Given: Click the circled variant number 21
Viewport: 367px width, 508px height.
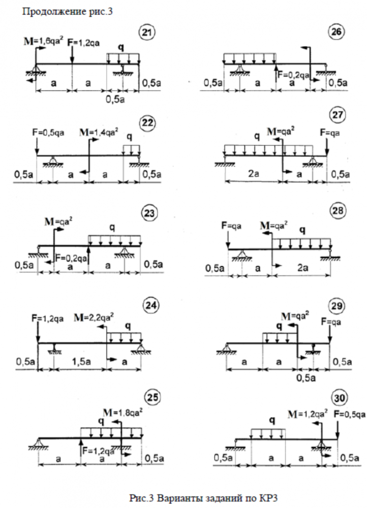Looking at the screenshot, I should pos(146,33).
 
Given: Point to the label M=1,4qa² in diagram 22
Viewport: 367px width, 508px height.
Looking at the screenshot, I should pos(99,133).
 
